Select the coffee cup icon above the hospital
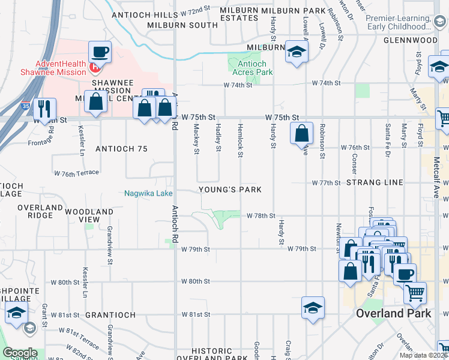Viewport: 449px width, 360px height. [x=99, y=52]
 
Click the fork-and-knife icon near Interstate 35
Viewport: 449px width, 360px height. [x=44, y=109]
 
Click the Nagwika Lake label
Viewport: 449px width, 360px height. [x=148, y=193]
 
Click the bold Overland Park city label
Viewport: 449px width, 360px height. [x=393, y=313]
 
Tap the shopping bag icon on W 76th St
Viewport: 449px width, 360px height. [x=302, y=133]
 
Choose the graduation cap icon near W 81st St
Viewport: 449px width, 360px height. [x=313, y=307]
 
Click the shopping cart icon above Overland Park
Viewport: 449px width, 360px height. [x=415, y=293]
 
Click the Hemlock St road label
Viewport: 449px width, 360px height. [x=240, y=146]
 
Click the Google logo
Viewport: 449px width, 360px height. [x=20, y=353]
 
